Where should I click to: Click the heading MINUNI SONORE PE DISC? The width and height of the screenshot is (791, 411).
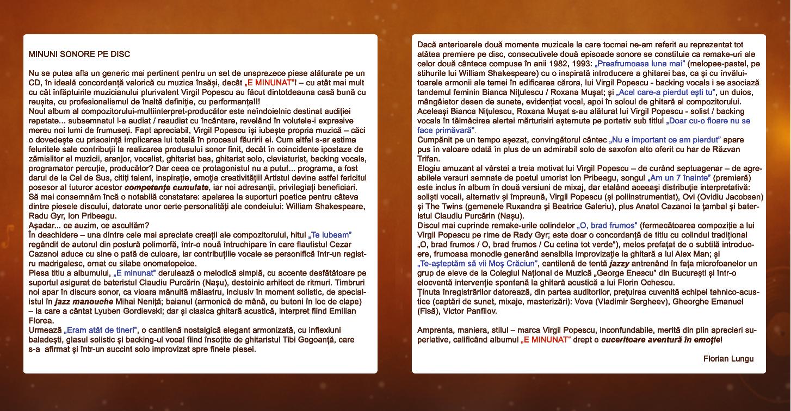(x=79, y=54)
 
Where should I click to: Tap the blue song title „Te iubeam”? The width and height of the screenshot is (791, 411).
(x=330, y=235)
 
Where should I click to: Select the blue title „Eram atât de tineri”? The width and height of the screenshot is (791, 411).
(x=101, y=330)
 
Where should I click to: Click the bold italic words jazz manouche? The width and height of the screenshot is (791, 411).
(x=84, y=302)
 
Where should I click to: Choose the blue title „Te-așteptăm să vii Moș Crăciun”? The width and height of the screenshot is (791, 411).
(x=474, y=264)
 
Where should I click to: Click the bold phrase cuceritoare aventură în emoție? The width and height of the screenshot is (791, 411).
(x=662, y=340)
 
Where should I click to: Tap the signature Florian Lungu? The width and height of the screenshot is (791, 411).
(x=728, y=359)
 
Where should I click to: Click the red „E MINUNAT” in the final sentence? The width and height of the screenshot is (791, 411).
(x=546, y=340)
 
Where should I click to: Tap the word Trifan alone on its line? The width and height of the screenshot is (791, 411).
(x=428, y=159)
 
